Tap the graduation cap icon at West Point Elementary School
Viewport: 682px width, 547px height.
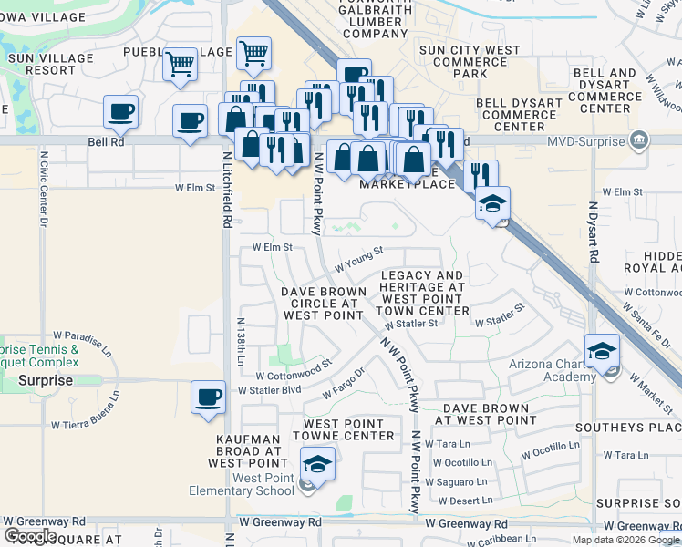click(x=317, y=465)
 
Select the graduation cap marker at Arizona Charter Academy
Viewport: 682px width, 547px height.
click(x=604, y=353)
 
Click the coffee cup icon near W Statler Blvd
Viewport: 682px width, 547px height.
click(x=209, y=398)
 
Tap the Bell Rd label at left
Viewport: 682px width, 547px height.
click(x=106, y=142)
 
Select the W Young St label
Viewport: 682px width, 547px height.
click(x=358, y=259)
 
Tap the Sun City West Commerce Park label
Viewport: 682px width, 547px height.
click(x=470, y=61)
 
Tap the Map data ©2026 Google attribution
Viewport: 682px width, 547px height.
click(x=625, y=540)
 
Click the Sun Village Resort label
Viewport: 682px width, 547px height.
click(x=41, y=64)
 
